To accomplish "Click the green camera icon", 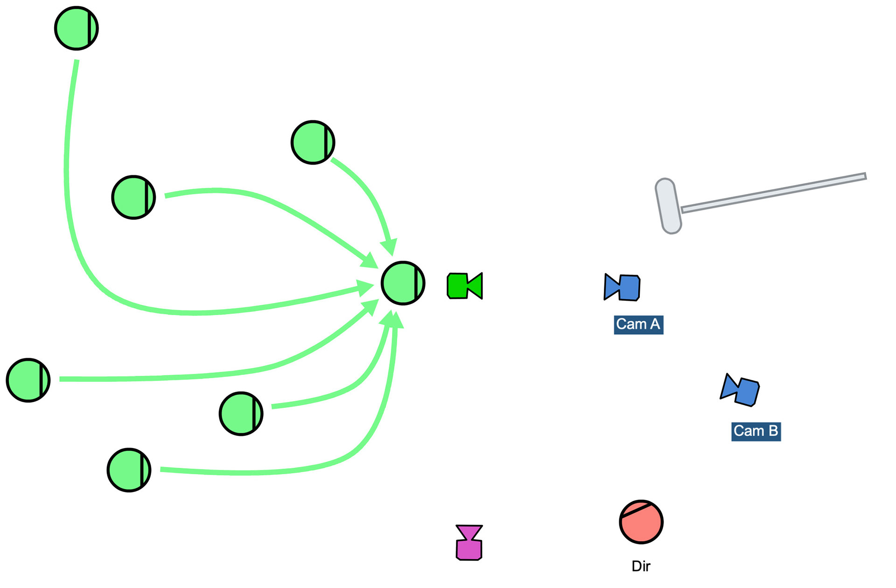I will (464, 286).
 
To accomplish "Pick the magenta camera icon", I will (469, 543).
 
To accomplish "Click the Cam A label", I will (638, 325).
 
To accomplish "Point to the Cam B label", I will (756, 431).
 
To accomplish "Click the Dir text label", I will (641, 566).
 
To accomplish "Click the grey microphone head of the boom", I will (668, 206).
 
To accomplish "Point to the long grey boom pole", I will (775, 192).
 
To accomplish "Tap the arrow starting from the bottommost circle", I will (280, 472).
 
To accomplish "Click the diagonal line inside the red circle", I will (636, 509).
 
